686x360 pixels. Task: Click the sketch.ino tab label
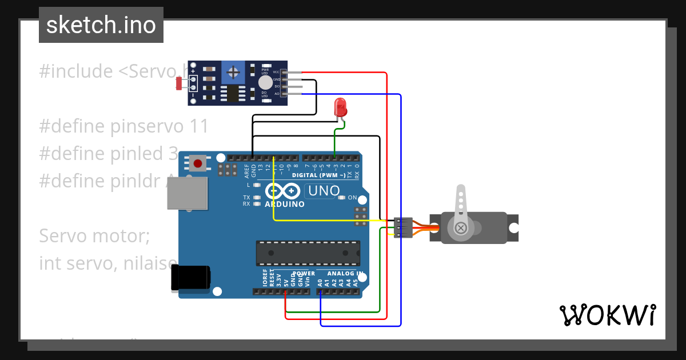tap(101, 25)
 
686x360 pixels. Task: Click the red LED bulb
tap(340, 107)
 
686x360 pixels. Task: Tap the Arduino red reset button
tap(198, 163)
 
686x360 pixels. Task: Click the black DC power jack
tap(190, 279)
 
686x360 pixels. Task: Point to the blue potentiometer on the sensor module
tap(233, 72)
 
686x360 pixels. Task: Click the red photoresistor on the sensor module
tap(179, 83)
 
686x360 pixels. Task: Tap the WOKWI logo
tap(607, 315)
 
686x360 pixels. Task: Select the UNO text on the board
tap(324, 191)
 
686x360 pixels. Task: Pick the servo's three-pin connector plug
tap(403, 227)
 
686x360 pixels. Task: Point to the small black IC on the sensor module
tap(233, 93)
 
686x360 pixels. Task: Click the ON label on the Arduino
tap(352, 198)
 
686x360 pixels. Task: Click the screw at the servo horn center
tap(461, 229)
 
